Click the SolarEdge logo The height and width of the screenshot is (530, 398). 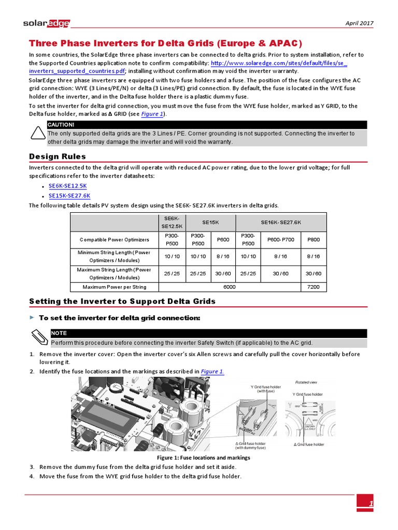click(x=47, y=23)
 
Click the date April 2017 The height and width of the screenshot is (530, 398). click(x=359, y=23)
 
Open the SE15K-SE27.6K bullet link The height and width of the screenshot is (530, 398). click(x=69, y=196)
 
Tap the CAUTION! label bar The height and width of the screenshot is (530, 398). click(x=207, y=125)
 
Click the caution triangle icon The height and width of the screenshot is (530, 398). click(x=38, y=134)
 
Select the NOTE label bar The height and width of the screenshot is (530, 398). click(x=208, y=333)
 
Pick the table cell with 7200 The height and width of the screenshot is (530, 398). click(x=314, y=287)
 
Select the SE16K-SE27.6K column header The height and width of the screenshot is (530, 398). click(x=281, y=222)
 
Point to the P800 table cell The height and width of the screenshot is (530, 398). click(x=314, y=240)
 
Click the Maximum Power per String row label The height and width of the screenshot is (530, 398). click(x=113, y=287)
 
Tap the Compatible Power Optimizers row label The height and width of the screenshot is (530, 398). click(x=113, y=240)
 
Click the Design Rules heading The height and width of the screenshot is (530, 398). click(x=58, y=156)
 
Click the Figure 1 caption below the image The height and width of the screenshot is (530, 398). click(x=203, y=458)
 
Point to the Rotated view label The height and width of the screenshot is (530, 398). click(x=305, y=382)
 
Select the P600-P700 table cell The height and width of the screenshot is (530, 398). click(x=281, y=240)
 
